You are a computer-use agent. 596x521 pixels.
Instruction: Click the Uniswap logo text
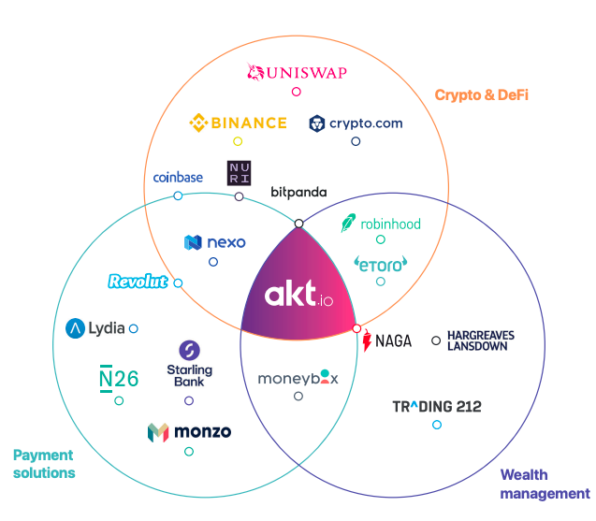(x=297, y=71)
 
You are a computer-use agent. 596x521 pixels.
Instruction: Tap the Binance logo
(x=239, y=123)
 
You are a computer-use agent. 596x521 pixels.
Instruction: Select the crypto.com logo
(x=356, y=123)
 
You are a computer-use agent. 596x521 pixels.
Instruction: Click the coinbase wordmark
(x=178, y=177)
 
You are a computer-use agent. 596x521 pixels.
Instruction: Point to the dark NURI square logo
(x=239, y=173)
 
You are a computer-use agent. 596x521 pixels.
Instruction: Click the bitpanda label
(x=298, y=192)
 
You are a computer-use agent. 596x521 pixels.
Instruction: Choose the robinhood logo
(x=381, y=224)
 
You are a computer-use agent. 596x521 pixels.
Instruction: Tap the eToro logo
(x=381, y=264)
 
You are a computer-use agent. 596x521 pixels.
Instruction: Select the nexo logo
(x=214, y=242)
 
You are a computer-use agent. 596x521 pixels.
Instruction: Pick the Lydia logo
(x=90, y=328)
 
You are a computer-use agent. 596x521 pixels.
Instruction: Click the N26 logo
(x=119, y=378)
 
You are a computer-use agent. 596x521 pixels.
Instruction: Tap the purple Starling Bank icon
(x=189, y=350)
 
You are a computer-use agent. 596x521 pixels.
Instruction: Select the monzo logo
(x=189, y=432)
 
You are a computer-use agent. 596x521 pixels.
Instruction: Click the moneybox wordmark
(x=298, y=378)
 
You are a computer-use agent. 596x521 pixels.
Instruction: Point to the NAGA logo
(x=386, y=340)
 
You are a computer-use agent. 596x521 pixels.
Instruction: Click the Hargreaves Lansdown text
(x=480, y=340)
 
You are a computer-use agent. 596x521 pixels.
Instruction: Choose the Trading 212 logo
(x=437, y=407)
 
